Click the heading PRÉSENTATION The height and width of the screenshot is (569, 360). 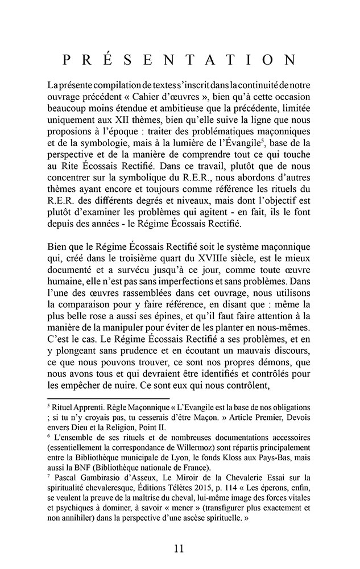coord(180,60)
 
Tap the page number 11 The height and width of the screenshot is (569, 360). coord(179,549)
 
